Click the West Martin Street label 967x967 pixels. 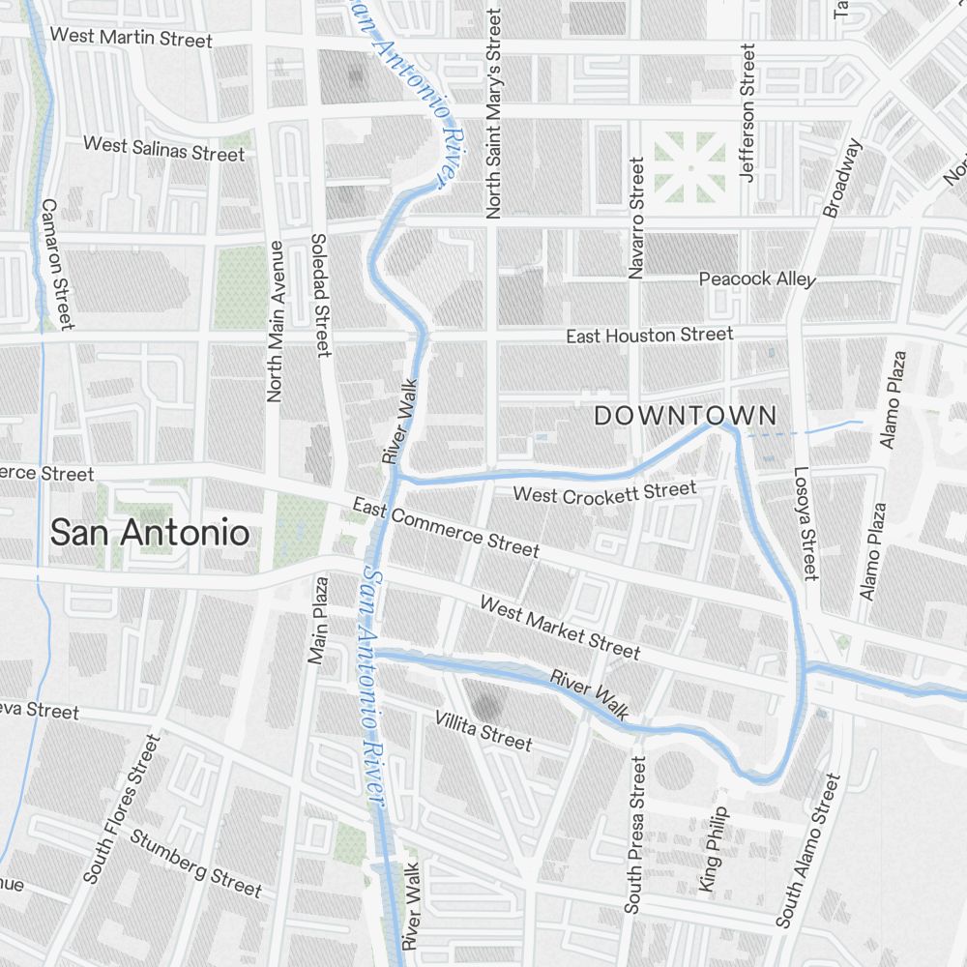pos(131,38)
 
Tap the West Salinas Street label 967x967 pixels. pos(163,149)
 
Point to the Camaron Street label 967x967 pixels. pos(57,263)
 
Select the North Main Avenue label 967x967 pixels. pos(276,321)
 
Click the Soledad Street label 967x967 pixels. pos(321,295)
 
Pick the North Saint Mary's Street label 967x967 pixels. pos(494,114)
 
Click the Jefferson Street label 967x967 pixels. pos(747,112)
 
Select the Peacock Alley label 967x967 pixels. pos(757,278)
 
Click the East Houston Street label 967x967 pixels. pos(649,336)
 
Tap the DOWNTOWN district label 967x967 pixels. pos(685,416)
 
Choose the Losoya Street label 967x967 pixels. pos(806,524)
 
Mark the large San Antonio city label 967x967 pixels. pos(149,532)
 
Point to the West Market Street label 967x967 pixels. pos(560,628)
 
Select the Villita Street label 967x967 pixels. pos(483,730)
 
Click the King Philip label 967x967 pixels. pos(713,849)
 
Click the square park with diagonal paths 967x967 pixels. pos(689,166)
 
